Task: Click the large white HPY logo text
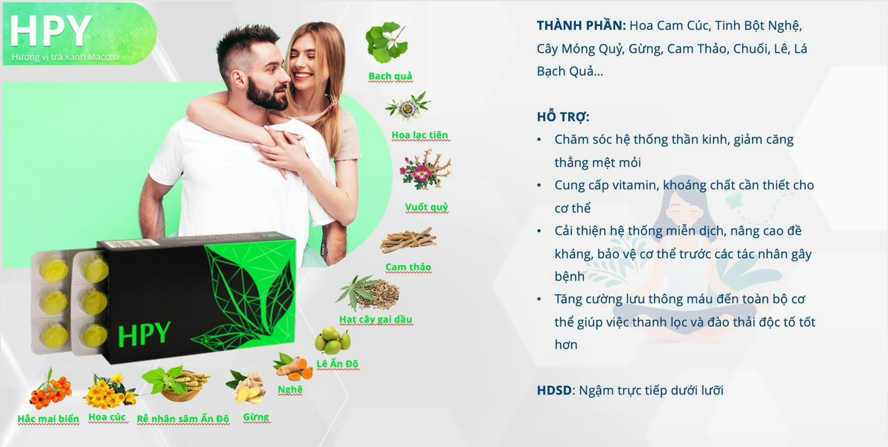51,31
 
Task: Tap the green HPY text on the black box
144,334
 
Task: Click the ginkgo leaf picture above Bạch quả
386,43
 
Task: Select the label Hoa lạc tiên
420,135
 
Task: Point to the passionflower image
408,106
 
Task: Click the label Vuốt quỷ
427,207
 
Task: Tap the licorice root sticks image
409,240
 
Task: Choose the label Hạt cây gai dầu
376,319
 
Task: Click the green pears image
333,340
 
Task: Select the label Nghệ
290,389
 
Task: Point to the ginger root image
246,387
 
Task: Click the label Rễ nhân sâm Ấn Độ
182,419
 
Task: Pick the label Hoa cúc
107,417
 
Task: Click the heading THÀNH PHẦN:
581,26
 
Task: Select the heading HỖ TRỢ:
563,117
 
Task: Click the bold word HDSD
554,390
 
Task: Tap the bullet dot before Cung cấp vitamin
539,185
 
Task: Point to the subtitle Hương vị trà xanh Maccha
65,57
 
